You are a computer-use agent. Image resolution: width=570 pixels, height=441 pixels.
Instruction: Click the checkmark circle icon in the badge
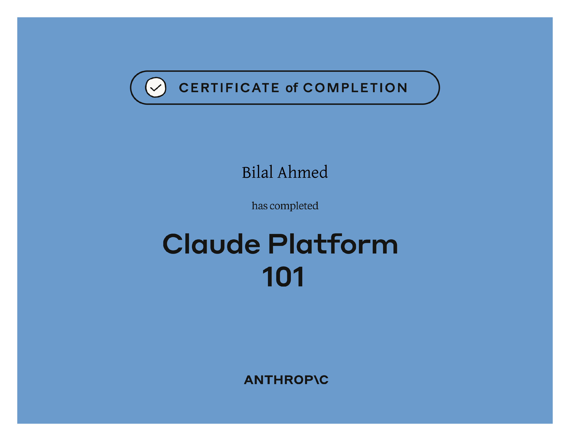tap(156, 87)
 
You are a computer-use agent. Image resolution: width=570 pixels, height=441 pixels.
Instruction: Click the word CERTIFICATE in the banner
tap(229, 88)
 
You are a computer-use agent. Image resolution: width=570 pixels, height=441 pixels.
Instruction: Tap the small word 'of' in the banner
tap(292, 88)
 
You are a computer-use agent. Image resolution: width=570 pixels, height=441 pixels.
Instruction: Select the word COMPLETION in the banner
tap(355, 88)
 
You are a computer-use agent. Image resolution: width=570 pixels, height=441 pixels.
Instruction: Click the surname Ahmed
tap(303, 172)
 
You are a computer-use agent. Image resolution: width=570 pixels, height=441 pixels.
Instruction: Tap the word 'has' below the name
tap(259, 206)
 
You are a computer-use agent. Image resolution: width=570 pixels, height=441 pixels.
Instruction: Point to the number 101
tap(283, 277)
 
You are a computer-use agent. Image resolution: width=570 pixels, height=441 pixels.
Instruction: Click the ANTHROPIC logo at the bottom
tap(286, 380)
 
